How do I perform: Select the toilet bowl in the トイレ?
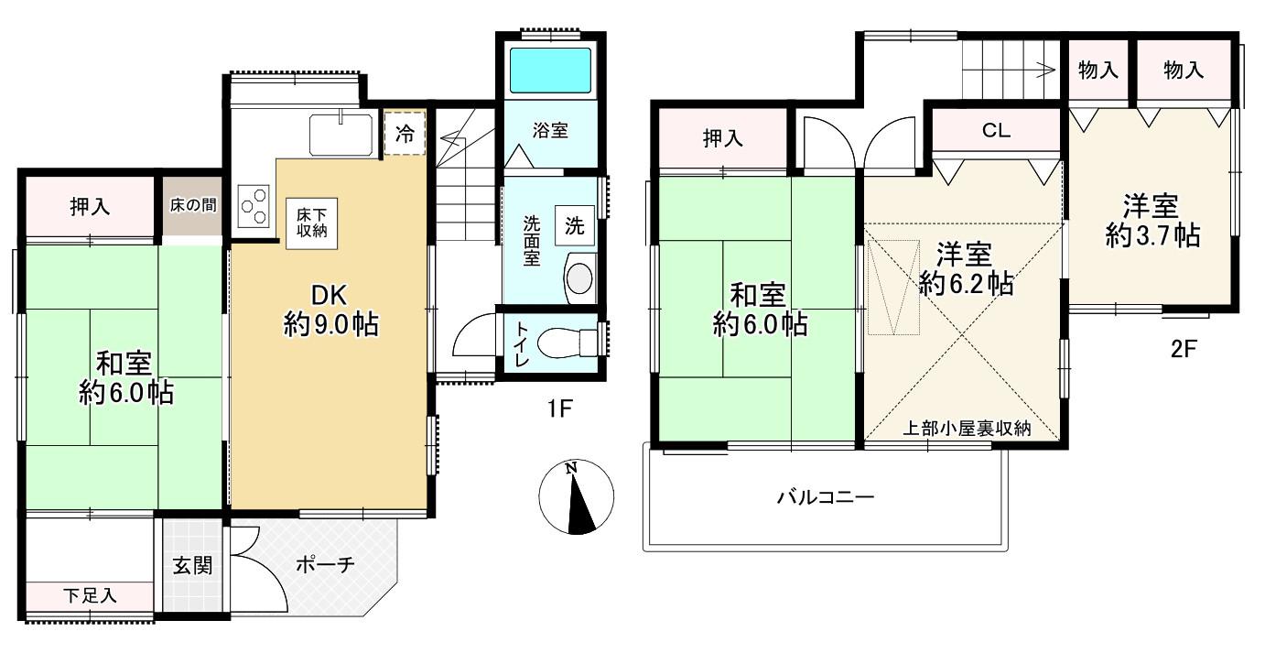click(559, 343)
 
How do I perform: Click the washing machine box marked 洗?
click(574, 226)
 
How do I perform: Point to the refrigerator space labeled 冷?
click(405, 134)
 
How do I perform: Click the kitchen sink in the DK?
click(341, 135)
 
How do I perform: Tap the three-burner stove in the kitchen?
click(254, 205)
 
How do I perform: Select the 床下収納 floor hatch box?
click(310, 222)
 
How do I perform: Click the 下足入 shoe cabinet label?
click(90, 595)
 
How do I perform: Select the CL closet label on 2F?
click(996, 131)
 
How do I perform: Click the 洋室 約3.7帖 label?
click(1152, 221)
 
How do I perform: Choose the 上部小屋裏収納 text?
click(968, 428)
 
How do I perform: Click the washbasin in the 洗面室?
click(579, 278)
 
